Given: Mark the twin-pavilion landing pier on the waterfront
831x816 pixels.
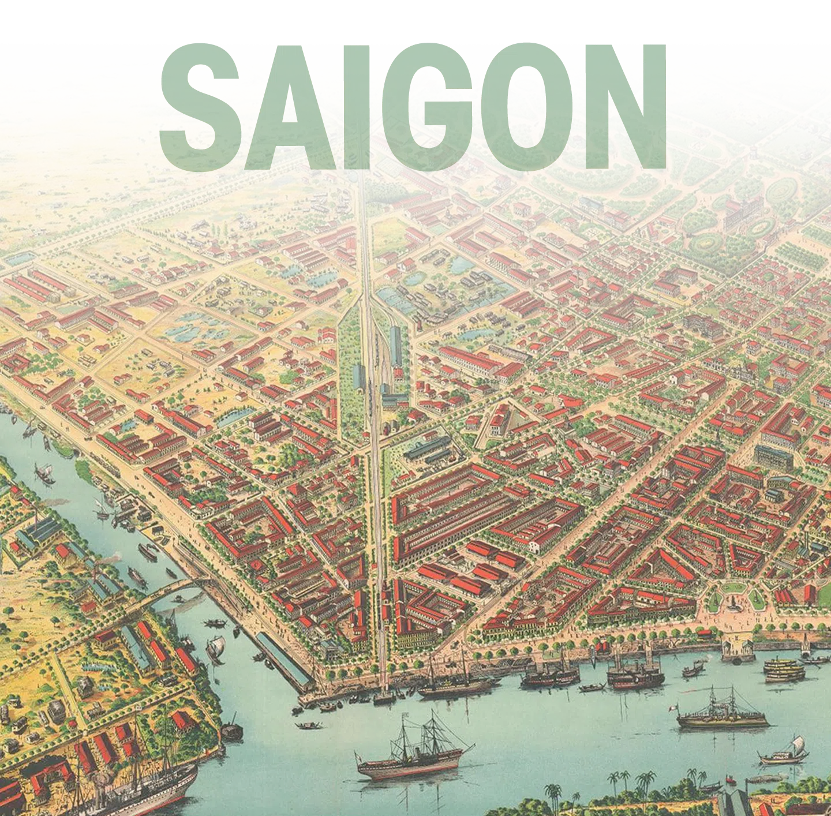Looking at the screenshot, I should click(738, 651).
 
